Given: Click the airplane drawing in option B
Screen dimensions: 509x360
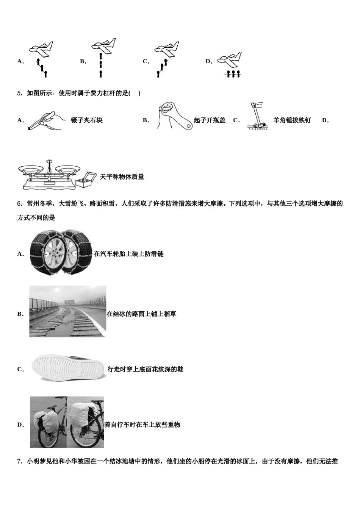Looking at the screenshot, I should [103, 46].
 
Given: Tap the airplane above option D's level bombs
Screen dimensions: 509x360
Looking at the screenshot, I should [229, 59].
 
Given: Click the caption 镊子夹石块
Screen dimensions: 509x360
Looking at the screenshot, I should [87, 120].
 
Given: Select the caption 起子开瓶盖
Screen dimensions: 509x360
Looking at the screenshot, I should [210, 120].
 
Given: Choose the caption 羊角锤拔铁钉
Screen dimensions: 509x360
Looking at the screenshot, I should [292, 120].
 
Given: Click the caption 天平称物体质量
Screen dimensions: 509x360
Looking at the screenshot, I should [122, 177].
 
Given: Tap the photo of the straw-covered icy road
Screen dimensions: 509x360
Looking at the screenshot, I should [67, 311].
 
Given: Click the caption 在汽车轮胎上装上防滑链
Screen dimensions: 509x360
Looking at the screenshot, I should [128, 254].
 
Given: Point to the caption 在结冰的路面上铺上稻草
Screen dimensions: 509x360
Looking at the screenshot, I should [141, 314].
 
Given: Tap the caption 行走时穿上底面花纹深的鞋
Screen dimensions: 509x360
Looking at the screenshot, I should [145, 369].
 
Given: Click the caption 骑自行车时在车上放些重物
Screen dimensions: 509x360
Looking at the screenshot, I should [142, 425].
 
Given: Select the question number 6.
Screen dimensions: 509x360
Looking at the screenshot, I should [20, 204].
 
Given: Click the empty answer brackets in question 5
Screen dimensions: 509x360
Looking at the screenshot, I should [135, 93].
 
